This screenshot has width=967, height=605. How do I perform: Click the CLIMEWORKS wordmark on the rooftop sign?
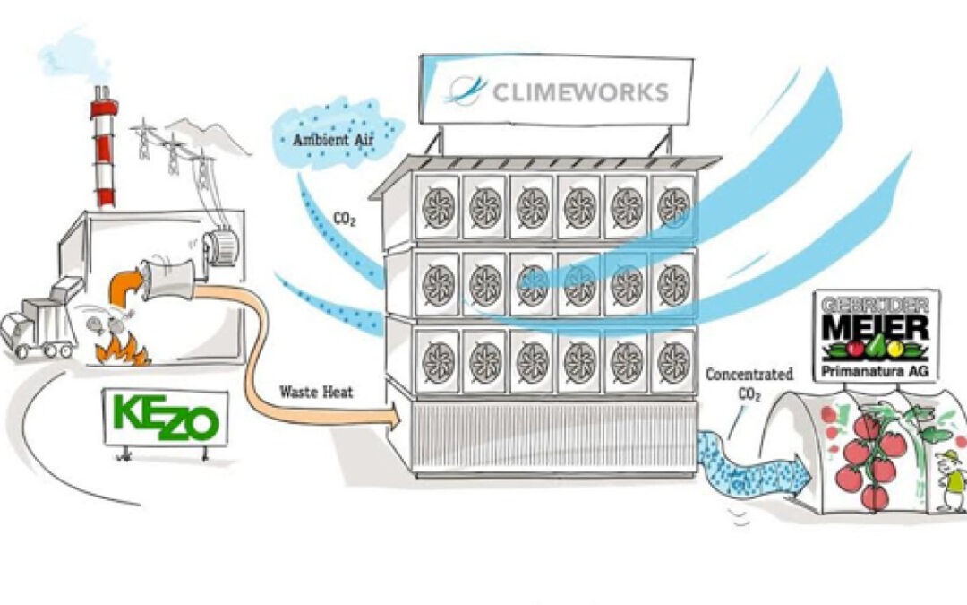580,92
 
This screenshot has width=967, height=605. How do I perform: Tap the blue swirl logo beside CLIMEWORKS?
465,91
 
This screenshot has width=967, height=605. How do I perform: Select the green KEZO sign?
166,418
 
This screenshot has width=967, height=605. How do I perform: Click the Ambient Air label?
333,140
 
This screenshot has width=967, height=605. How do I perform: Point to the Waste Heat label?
316,392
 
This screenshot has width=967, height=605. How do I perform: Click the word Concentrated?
749,374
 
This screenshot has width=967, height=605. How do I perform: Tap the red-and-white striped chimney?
104,148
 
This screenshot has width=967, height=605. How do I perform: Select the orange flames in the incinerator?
123,350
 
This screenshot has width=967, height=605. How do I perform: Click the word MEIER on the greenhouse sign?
876,327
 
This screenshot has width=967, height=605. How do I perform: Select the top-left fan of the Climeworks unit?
438,207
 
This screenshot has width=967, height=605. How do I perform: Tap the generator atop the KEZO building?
220,246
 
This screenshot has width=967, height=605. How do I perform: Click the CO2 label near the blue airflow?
344,219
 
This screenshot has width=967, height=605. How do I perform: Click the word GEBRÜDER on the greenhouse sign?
876,305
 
